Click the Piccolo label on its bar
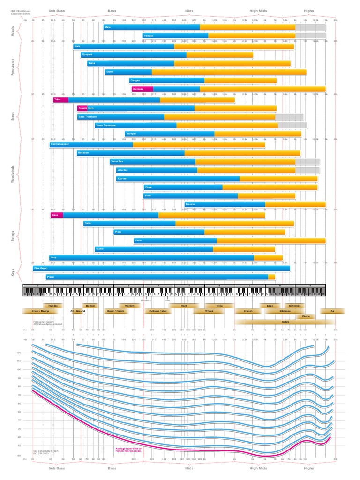click(190, 204)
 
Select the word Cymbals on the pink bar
click(138, 89)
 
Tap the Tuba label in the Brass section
click(58, 99)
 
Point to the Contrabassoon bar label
click(60, 144)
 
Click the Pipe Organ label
click(40, 269)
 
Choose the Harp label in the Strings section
click(54, 257)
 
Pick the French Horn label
click(86, 108)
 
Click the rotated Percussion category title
click(13, 66)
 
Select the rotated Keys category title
click(13, 272)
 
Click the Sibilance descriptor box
click(285, 311)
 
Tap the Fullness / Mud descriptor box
click(157, 311)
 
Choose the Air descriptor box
click(332, 311)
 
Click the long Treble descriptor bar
click(285, 322)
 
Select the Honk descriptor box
click(184, 305)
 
